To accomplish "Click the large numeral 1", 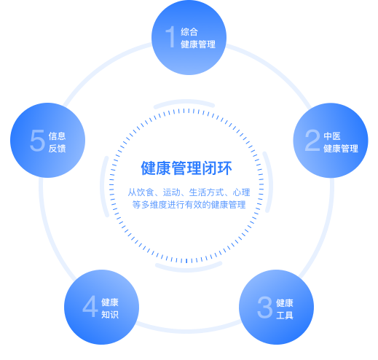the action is coord(170,36).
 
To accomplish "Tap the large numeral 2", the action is coord(312,140).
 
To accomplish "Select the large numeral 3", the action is coord(264,308).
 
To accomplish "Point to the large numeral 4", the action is coord(90,307).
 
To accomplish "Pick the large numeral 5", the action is coord(37,140).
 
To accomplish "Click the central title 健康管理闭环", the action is coord(186,168).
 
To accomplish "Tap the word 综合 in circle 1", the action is coord(189,32).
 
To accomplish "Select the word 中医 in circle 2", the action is coord(332,136).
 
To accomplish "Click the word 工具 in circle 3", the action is coord(285,316).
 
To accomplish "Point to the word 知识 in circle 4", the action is coord(110,315).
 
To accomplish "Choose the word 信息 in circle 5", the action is coord(57,136).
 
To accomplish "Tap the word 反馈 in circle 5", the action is coord(57,149).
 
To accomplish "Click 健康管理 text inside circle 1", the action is coord(198,44).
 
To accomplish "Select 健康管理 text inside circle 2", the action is coord(341,149).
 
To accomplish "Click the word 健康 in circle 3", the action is coord(285,303).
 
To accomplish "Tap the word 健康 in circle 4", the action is coord(110,302).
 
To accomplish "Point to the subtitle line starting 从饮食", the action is coord(189,192).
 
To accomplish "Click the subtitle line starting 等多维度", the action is coord(189,205).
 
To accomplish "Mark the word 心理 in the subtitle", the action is coord(242,192).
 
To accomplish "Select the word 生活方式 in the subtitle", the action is coord(206,192).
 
